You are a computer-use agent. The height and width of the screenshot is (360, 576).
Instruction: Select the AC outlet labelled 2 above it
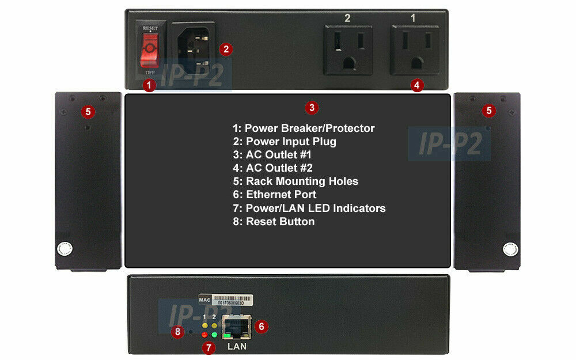(347, 49)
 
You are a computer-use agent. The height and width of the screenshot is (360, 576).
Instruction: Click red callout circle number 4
(417, 85)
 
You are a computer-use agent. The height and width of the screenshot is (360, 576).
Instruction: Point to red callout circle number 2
(226, 49)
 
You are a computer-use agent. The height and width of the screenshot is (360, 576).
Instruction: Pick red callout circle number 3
(311, 107)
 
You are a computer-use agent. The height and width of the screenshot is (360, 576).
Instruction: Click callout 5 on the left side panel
(87, 110)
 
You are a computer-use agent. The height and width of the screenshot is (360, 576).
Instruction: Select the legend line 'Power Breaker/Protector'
(304, 128)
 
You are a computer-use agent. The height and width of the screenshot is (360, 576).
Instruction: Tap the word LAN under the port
(237, 346)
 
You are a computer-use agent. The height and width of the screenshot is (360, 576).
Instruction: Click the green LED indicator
(214, 335)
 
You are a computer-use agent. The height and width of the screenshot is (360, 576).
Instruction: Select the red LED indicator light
(204, 335)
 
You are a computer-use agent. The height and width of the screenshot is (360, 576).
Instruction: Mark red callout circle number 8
(177, 331)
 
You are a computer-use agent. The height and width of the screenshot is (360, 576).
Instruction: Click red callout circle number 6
(261, 327)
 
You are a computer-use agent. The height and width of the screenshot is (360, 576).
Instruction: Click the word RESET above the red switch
(150, 28)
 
